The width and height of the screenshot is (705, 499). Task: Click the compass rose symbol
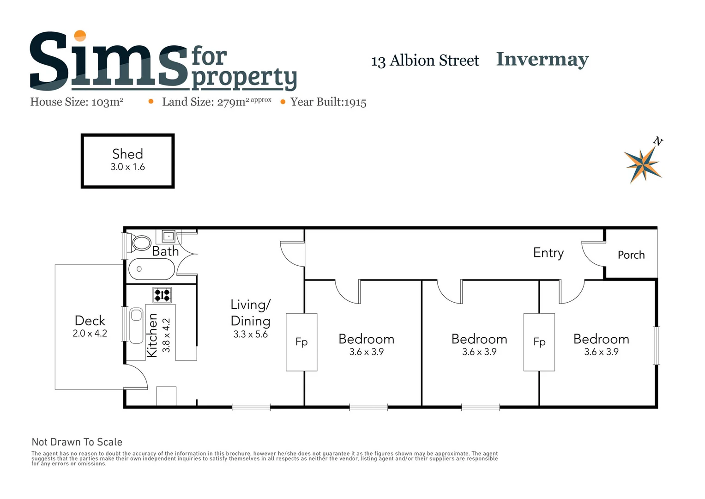[x=643, y=164]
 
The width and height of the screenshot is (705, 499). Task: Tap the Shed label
[x=127, y=154]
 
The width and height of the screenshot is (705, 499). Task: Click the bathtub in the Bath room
[x=151, y=269]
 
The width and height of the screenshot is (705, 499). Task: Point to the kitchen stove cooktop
[x=162, y=294]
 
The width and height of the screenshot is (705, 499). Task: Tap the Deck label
[x=90, y=321]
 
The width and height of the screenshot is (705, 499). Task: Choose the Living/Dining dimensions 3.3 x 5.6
[x=250, y=335]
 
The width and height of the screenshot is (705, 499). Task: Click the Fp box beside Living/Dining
[x=301, y=342]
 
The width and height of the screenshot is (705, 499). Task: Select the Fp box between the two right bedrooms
[x=539, y=342]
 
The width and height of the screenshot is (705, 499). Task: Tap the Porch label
[x=631, y=255]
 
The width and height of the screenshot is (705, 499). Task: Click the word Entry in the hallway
[x=548, y=253]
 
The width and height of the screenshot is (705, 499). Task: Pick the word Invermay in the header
[x=542, y=60]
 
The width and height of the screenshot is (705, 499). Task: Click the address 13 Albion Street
[x=425, y=61]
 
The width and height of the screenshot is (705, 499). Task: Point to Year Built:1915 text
[x=328, y=102]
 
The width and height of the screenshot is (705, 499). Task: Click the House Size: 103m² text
[x=77, y=102]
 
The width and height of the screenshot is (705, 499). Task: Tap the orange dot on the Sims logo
[x=80, y=36]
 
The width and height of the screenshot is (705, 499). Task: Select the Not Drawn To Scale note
[x=77, y=442]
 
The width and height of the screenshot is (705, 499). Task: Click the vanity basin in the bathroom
[x=169, y=237]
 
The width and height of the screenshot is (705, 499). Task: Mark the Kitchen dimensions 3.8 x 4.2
[x=167, y=335]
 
